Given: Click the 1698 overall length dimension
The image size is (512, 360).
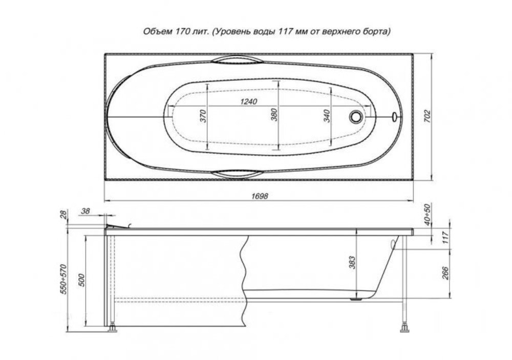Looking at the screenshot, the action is pyautogui.click(x=260, y=196).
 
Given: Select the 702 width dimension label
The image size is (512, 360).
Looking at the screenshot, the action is pyautogui.click(x=428, y=117).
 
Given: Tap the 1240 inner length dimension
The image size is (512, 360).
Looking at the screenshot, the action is pyautogui.click(x=249, y=101).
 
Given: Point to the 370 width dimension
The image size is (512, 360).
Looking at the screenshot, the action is pyautogui.click(x=203, y=116).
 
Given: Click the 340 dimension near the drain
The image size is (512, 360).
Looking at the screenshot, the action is pyautogui.click(x=327, y=116).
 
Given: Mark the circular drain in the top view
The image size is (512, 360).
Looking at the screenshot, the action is pyautogui.click(x=355, y=116).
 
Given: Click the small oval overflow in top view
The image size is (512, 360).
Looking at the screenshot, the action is pyautogui.click(x=394, y=116).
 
